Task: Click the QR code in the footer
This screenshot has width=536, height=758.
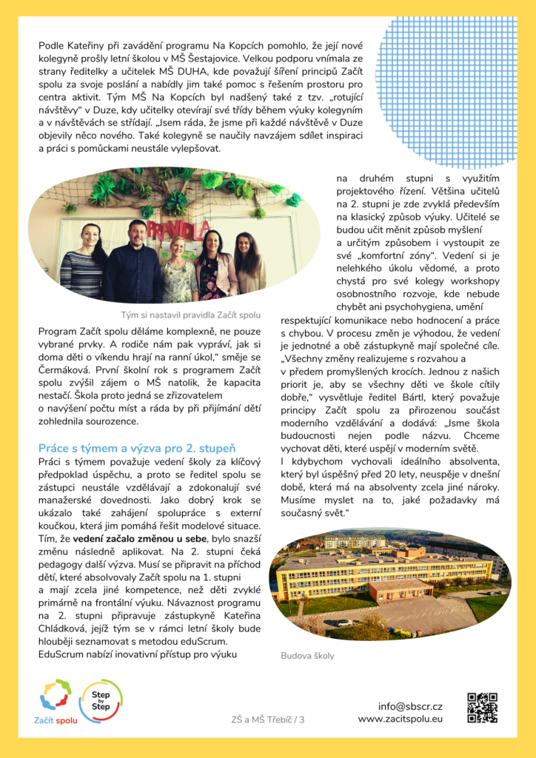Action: pyautogui.click(x=482, y=707)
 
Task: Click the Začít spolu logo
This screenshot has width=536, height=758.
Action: pyautogui.click(x=56, y=702)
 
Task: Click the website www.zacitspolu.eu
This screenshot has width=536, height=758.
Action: pyautogui.click(x=400, y=719)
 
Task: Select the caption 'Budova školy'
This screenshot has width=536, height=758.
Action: pyautogui.click(x=307, y=656)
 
